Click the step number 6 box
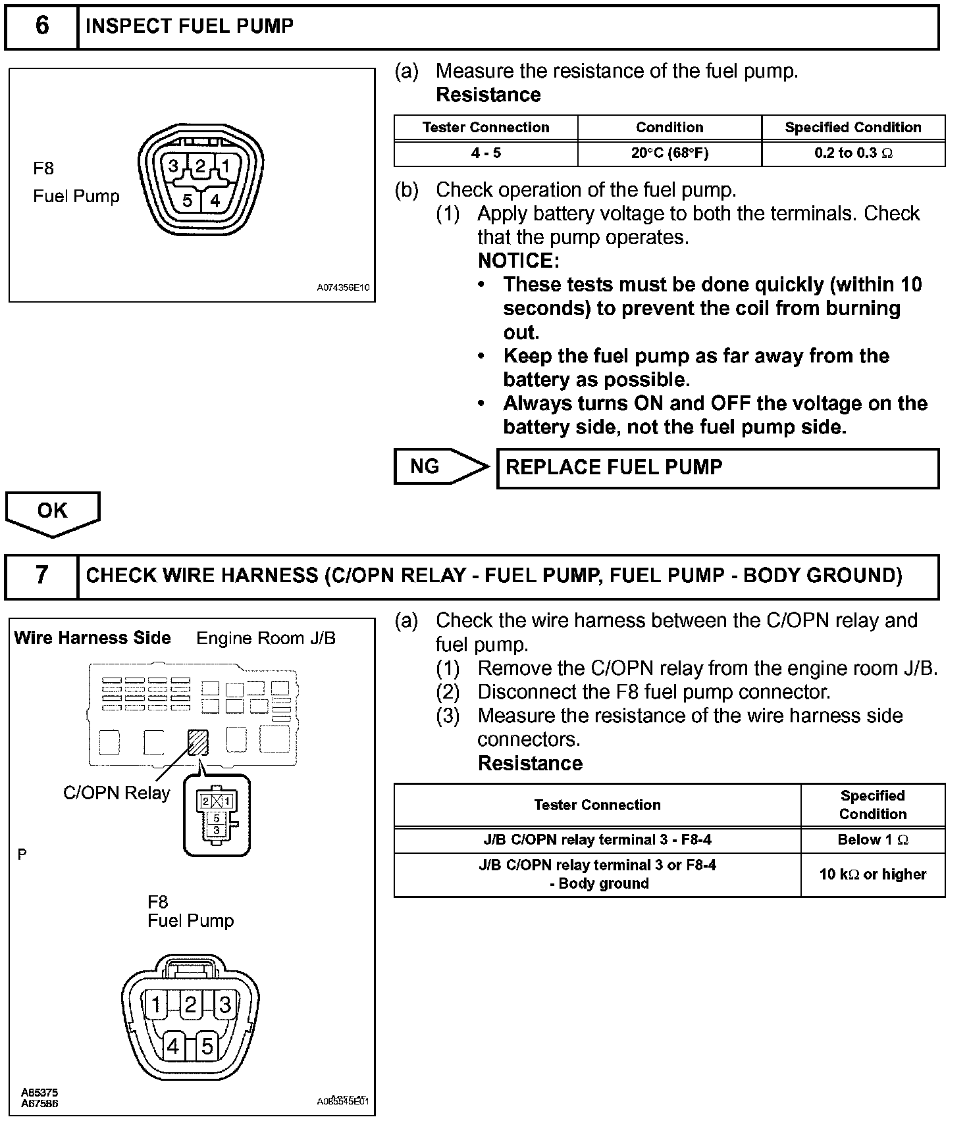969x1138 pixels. (x=41, y=27)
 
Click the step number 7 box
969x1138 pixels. (x=41, y=576)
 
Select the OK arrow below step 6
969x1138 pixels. (x=53, y=512)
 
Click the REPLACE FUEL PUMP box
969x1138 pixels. (x=717, y=468)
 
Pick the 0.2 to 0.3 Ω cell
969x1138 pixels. (x=853, y=153)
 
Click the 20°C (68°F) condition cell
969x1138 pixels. (x=669, y=153)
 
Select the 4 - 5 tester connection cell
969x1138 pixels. (x=486, y=153)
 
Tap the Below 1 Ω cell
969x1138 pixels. (x=873, y=840)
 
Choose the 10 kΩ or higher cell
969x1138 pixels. (x=873, y=875)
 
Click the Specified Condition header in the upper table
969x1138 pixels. (x=853, y=128)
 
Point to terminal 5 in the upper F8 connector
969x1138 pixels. (x=187, y=201)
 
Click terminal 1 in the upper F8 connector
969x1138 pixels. (x=225, y=166)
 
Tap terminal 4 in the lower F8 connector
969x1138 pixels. (x=173, y=1046)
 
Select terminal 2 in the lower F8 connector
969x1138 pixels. (x=190, y=1005)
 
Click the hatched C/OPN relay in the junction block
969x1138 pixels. (x=198, y=742)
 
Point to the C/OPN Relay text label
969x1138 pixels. (x=117, y=793)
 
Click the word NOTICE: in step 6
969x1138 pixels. (x=519, y=261)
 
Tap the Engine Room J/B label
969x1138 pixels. (x=266, y=638)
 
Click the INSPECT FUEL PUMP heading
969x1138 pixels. (x=190, y=26)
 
